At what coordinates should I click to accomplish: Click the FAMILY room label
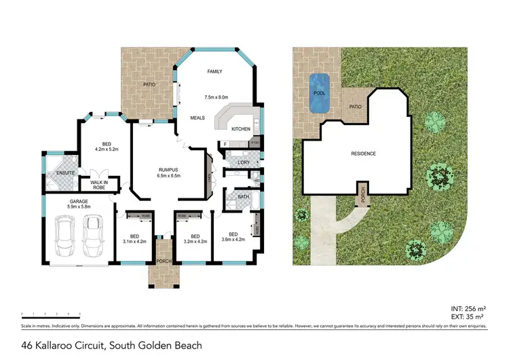tap(214, 71)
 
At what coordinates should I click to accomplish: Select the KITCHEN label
tap(241, 129)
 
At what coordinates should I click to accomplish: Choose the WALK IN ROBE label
tap(94, 184)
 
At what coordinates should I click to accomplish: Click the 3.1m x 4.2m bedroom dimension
tap(134, 241)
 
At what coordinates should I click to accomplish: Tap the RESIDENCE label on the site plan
tap(363, 154)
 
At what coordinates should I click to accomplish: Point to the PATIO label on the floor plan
tap(149, 84)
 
